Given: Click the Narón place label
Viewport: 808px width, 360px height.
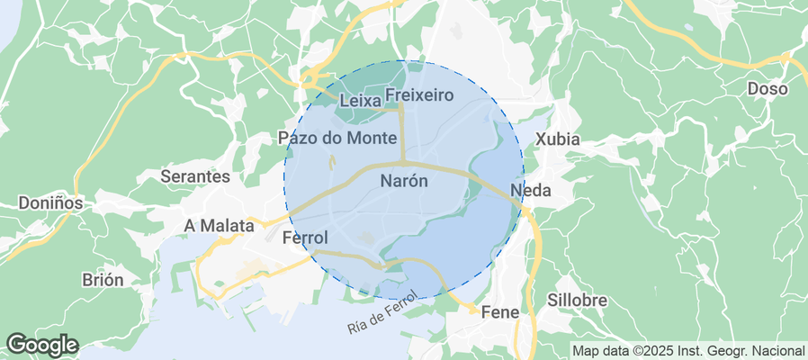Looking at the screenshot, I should point(404,180).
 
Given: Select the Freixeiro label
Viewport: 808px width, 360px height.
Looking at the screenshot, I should point(418,94).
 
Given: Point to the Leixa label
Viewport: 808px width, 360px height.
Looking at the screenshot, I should point(360,102).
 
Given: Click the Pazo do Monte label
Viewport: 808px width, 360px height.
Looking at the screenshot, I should point(337,138).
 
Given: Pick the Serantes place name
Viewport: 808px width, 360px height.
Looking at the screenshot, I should point(195,177).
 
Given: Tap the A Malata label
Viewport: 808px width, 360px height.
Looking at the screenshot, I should point(219,225).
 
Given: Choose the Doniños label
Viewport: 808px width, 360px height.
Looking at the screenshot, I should point(50,203).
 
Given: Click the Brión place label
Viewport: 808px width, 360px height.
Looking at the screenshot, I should point(103,279).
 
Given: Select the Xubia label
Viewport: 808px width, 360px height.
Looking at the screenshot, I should point(558,139).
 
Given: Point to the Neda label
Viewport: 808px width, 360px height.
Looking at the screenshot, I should point(529,190).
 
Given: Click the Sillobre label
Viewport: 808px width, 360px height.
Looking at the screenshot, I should point(577,300).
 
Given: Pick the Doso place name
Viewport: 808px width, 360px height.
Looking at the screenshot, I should point(768,89).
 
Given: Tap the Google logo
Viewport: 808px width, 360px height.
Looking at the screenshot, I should point(41,344).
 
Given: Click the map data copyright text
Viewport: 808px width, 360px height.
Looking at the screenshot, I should point(689,350).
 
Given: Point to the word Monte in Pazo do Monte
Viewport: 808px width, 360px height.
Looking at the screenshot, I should point(371,138).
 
